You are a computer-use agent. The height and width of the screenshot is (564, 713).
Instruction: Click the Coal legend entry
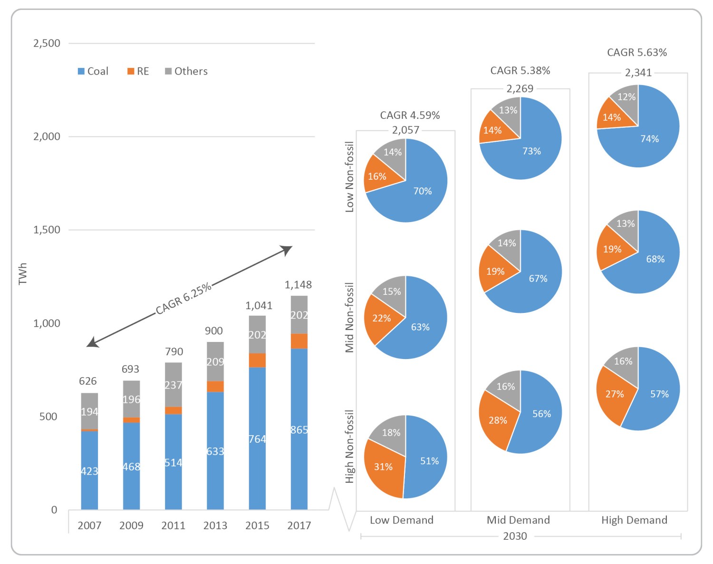(x=94, y=71)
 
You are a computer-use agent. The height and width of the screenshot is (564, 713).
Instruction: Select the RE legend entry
(x=138, y=71)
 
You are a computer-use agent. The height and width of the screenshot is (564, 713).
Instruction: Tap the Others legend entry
(x=186, y=71)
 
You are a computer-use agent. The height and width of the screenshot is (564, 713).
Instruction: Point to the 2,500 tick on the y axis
(x=47, y=43)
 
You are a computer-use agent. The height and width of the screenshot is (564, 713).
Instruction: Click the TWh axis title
(x=23, y=274)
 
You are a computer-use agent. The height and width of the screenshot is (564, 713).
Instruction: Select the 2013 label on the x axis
(x=215, y=525)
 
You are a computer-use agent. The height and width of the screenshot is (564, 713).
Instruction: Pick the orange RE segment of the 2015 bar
(x=257, y=360)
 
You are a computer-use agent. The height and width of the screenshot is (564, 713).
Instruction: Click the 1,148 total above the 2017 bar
(x=298, y=285)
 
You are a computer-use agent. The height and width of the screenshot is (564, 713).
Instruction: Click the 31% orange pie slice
(x=383, y=467)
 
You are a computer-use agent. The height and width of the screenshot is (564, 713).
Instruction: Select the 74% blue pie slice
(x=649, y=139)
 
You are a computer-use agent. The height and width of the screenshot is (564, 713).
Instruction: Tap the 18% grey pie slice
(x=391, y=433)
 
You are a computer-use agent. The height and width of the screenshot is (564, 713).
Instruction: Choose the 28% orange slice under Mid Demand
(x=497, y=420)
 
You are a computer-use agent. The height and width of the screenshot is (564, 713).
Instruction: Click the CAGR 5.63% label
(x=637, y=52)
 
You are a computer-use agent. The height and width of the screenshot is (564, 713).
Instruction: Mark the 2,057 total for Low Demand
(x=405, y=130)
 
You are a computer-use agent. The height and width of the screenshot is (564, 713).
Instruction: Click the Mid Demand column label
(x=518, y=520)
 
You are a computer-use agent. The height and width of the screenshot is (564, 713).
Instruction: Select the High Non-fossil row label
(x=350, y=447)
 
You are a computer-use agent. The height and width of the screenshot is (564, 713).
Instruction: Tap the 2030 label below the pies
(x=515, y=536)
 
